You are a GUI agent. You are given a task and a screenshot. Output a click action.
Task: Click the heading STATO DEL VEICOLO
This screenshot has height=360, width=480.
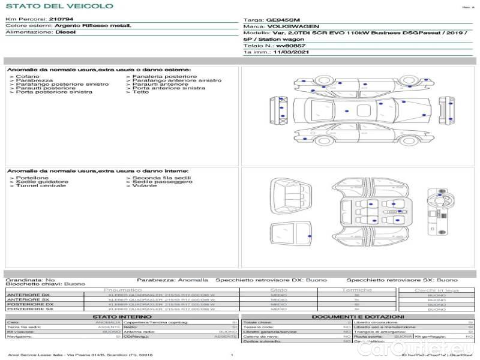[x=59, y=6]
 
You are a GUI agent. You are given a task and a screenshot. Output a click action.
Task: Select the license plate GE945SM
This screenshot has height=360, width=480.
[x=281, y=20]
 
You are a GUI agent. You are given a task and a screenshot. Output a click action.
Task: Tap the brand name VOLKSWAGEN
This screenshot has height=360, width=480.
[x=293, y=26]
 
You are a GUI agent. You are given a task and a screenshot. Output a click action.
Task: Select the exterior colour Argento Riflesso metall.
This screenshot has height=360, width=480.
[x=93, y=26]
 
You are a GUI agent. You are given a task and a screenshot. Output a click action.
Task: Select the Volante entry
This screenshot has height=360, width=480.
[x=145, y=185]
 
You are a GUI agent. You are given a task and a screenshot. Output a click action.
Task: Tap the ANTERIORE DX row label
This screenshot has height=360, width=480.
[x=28, y=295]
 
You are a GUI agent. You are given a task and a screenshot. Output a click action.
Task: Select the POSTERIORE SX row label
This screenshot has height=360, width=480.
[x=29, y=310]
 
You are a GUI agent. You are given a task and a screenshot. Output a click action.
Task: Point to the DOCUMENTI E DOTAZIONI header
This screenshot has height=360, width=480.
[x=358, y=316]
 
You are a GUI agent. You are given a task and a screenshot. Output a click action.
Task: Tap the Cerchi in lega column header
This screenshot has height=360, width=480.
[x=436, y=290]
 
